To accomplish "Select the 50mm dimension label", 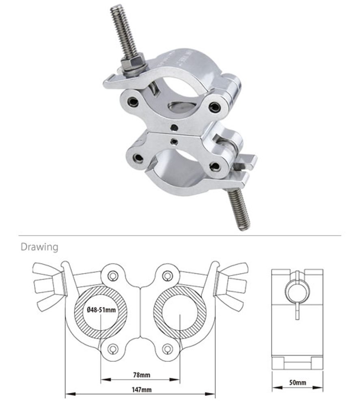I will (297, 382).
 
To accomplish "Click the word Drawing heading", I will (39, 247).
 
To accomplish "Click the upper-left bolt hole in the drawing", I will (113, 276).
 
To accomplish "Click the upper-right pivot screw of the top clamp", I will (214, 107).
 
